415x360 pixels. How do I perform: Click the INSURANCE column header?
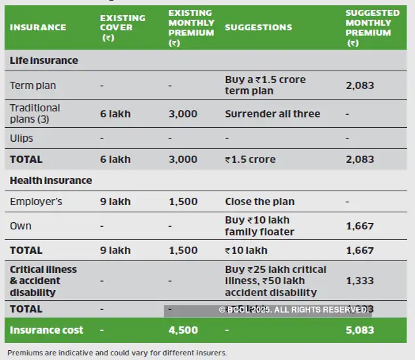(x=38, y=28)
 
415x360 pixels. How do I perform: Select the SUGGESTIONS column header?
(x=258, y=28)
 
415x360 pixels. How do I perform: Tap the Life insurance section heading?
(x=43, y=61)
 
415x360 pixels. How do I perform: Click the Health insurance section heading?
(x=51, y=181)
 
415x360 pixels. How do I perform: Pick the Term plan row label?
(x=33, y=86)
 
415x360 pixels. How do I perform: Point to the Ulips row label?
(x=22, y=138)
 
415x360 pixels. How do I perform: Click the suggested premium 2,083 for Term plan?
(x=360, y=86)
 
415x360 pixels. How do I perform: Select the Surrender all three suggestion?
(x=272, y=114)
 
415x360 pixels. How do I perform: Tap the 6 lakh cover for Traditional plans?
(x=115, y=114)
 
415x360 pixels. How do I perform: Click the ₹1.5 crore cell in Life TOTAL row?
(x=250, y=160)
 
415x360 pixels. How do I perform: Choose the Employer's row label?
(x=36, y=202)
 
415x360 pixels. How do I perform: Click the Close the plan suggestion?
(x=260, y=202)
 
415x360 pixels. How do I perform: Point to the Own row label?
(x=20, y=226)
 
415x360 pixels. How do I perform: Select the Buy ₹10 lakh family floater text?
(x=262, y=226)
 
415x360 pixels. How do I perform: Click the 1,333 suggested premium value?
(x=360, y=281)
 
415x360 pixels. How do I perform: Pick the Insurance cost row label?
(x=46, y=330)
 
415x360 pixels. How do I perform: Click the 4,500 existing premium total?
(x=183, y=330)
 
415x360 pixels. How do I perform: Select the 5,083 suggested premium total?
(x=360, y=330)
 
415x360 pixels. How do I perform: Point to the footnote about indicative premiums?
(x=117, y=353)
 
